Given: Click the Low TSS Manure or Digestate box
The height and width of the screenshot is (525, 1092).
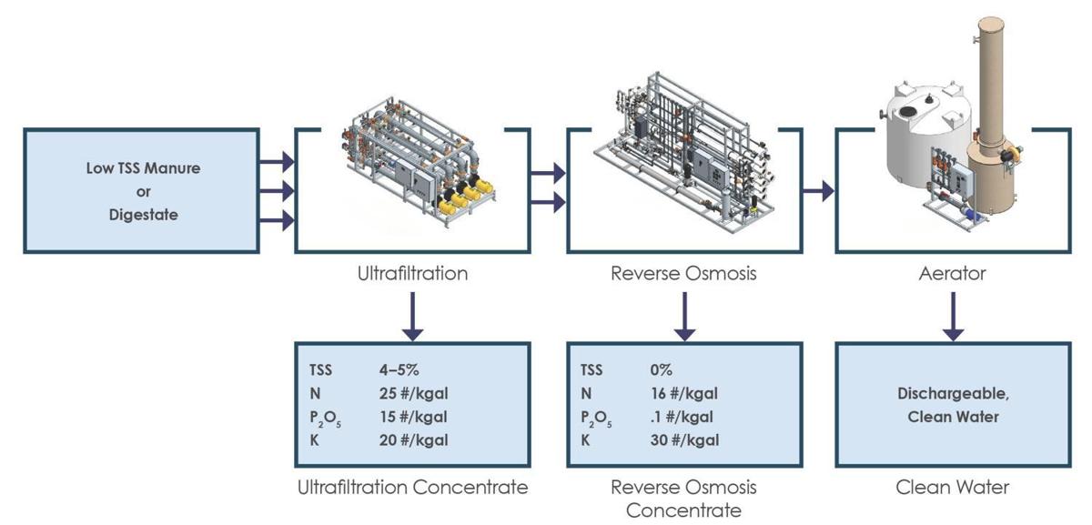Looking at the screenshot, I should coord(140,191).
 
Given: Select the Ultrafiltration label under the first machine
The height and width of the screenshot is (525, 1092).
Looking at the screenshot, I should coord(412,273).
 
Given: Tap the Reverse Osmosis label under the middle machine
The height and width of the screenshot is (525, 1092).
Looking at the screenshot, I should coord(683,273).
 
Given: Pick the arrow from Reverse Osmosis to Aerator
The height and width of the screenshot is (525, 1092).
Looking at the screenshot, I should coord(821,191).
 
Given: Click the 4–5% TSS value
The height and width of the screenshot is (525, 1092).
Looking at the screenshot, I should coord(399,370).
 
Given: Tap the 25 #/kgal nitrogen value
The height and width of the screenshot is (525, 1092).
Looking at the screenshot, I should coord(414,393).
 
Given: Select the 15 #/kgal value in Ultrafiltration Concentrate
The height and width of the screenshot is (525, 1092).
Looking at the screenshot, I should coord(414,417).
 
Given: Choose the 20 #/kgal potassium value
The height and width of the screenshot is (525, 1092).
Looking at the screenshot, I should coord(414,440).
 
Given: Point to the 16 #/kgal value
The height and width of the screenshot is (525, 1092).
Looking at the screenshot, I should coord(684,393).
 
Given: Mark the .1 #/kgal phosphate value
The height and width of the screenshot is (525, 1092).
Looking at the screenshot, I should coord(682,417).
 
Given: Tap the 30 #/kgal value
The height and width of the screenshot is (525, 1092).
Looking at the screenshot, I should coord(685,440).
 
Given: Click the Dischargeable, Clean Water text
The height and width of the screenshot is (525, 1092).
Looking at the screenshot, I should coord(953,405).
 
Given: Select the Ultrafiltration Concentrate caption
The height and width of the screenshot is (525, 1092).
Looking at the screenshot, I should coord(412,487).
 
